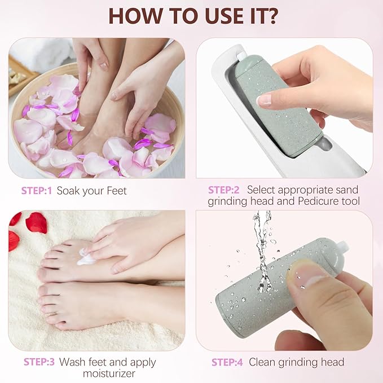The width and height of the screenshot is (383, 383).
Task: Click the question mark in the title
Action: tap(271, 15)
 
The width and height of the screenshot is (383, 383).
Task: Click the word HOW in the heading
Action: tap(133, 15)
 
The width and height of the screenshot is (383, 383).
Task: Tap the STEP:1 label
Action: tap(36, 191)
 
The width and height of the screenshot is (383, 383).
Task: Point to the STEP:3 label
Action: tap(39, 362)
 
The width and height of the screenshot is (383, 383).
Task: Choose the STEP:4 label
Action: tap(227, 362)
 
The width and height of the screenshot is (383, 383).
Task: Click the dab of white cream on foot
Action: tap(86, 258)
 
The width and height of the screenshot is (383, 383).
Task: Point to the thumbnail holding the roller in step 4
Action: tap(308, 275)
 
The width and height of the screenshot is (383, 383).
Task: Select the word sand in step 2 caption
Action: tap(346, 190)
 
